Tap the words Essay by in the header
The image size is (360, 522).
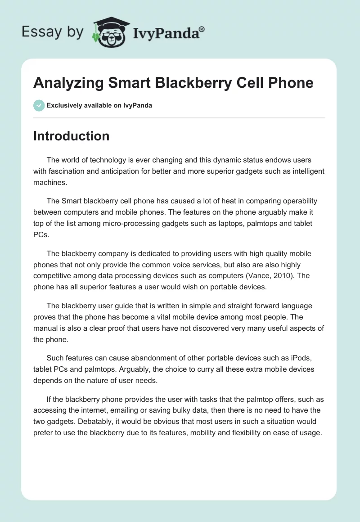tap(52, 32)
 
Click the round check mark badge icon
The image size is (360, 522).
tap(39, 105)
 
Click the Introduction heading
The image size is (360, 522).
tap(71, 136)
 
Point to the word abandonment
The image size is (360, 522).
tap(147, 358)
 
